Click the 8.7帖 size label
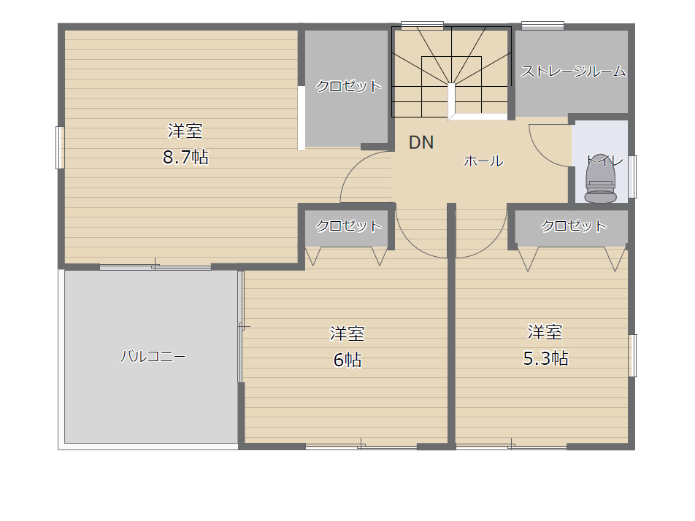tap(185, 158)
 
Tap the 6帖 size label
tap(347, 360)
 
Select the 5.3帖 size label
tap(546, 358)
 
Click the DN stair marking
tap(421, 143)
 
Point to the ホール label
tap(483, 161)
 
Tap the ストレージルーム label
tap(573, 72)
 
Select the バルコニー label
tap(153, 357)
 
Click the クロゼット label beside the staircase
tap(348, 86)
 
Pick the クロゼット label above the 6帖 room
tap(348, 225)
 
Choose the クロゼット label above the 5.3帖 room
tap(574, 225)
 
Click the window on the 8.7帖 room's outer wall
tap(61, 148)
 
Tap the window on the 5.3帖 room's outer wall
tap(633, 355)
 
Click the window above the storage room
tap(542, 26)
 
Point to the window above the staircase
tap(422, 26)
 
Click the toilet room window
tap(633, 176)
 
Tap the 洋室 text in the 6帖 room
tap(347, 334)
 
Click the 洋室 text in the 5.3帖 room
tap(545, 333)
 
